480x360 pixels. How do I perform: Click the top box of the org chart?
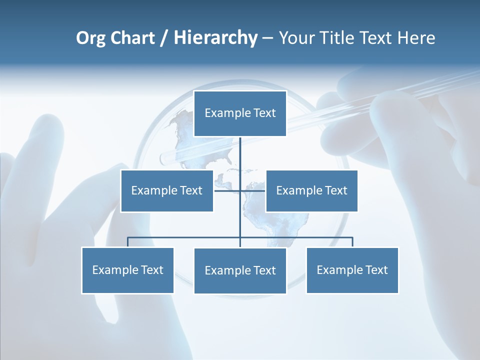[240, 113]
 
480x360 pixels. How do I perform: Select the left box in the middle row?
[167, 190]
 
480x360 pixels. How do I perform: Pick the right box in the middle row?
[312, 190]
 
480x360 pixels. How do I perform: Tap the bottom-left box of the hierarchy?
[128, 270]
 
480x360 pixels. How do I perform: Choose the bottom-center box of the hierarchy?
[240, 270]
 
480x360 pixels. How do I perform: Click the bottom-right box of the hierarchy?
[352, 270]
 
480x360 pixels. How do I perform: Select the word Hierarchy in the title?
[215, 38]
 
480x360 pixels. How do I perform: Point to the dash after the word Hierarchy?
[267, 38]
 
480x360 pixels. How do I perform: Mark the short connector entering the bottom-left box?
[128, 242]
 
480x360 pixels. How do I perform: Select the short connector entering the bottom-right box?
[352, 242]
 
